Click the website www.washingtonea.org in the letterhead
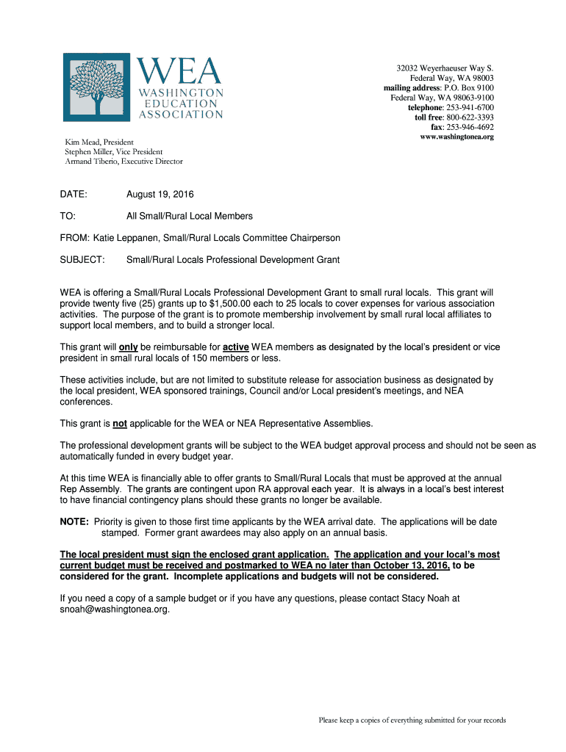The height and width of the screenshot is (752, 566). pyautogui.click(x=456, y=137)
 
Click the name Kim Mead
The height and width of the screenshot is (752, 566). pyautogui.click(x=77, y=141)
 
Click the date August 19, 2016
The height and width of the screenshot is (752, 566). pyautogui.click(x=160, y=195)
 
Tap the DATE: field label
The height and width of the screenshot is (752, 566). pyautogui.click(x=74, y=195)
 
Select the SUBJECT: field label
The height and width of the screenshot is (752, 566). pyautogui.click(x=82, y=260)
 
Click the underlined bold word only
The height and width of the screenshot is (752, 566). pyautogui.click(x=129, y=347)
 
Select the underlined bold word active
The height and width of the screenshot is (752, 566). pyautogui.click(x=236, y=347)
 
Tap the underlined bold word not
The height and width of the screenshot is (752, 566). pyautogui.click(x=120, y=424)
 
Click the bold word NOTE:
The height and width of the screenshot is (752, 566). pyautogui.click(x=74, y=522)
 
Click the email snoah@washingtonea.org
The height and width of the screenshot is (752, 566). pyautogui.click(x=115, y=610)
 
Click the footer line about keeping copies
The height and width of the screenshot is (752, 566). pyautogui.click(x=412, y=720)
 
